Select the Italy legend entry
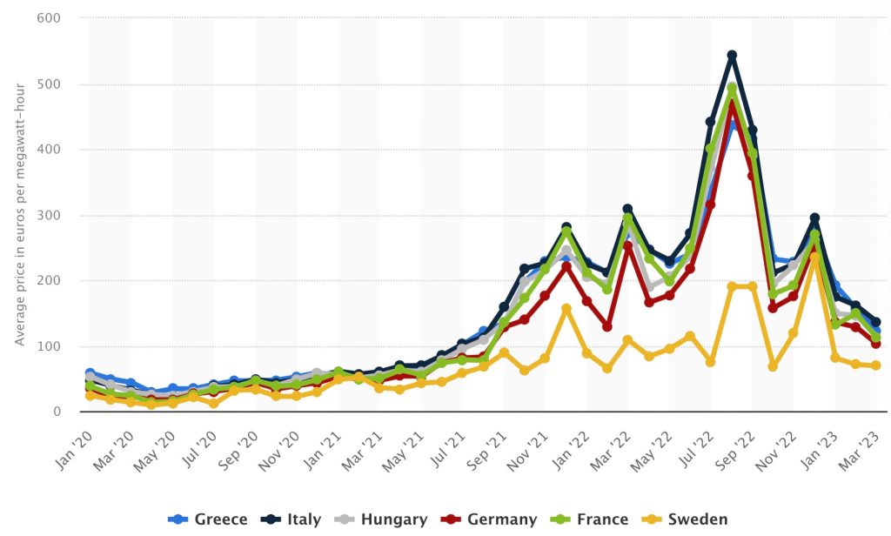click(x=291, y=519)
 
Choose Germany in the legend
click(x=491, y=519)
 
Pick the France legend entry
click(x=592, y=519)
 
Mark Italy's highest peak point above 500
click(x=732, y=56)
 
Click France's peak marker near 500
click(x=732, y=88)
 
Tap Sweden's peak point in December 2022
click(x=814, y=258)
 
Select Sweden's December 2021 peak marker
click(x=566, y=308)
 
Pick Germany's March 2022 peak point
click(x=627, y=246)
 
